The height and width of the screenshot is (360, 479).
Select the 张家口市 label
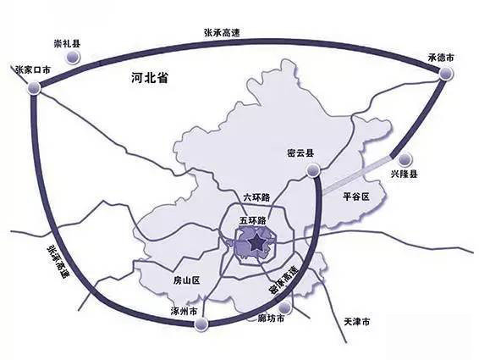[35, 69]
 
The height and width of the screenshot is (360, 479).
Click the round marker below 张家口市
[34, 87]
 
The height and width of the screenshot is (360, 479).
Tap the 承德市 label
[441, 58]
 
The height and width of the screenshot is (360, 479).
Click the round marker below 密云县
[311, 174]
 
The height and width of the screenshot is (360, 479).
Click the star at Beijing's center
[256, 244]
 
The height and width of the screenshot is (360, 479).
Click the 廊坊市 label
[271, 320]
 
